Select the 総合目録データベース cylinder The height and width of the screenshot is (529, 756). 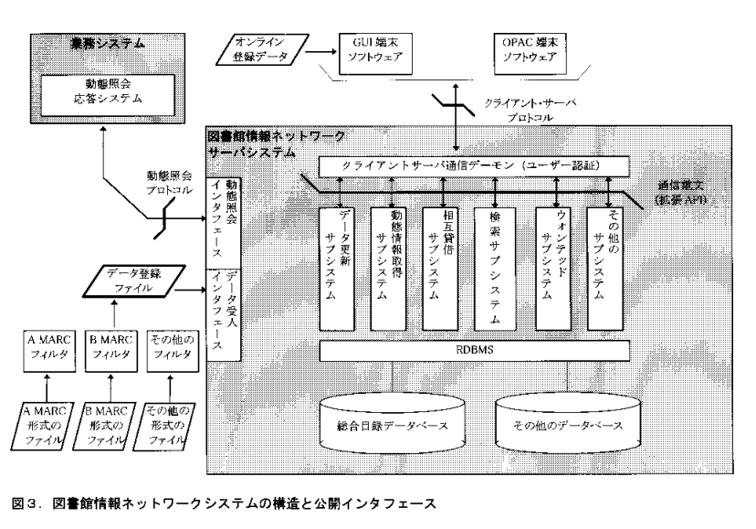click(393, 426)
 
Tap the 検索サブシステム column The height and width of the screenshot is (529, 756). click(495, 269)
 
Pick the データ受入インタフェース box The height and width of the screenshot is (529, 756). click(227, 307)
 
